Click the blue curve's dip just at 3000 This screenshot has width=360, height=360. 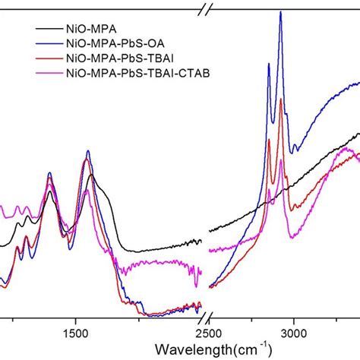click(295, 151)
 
